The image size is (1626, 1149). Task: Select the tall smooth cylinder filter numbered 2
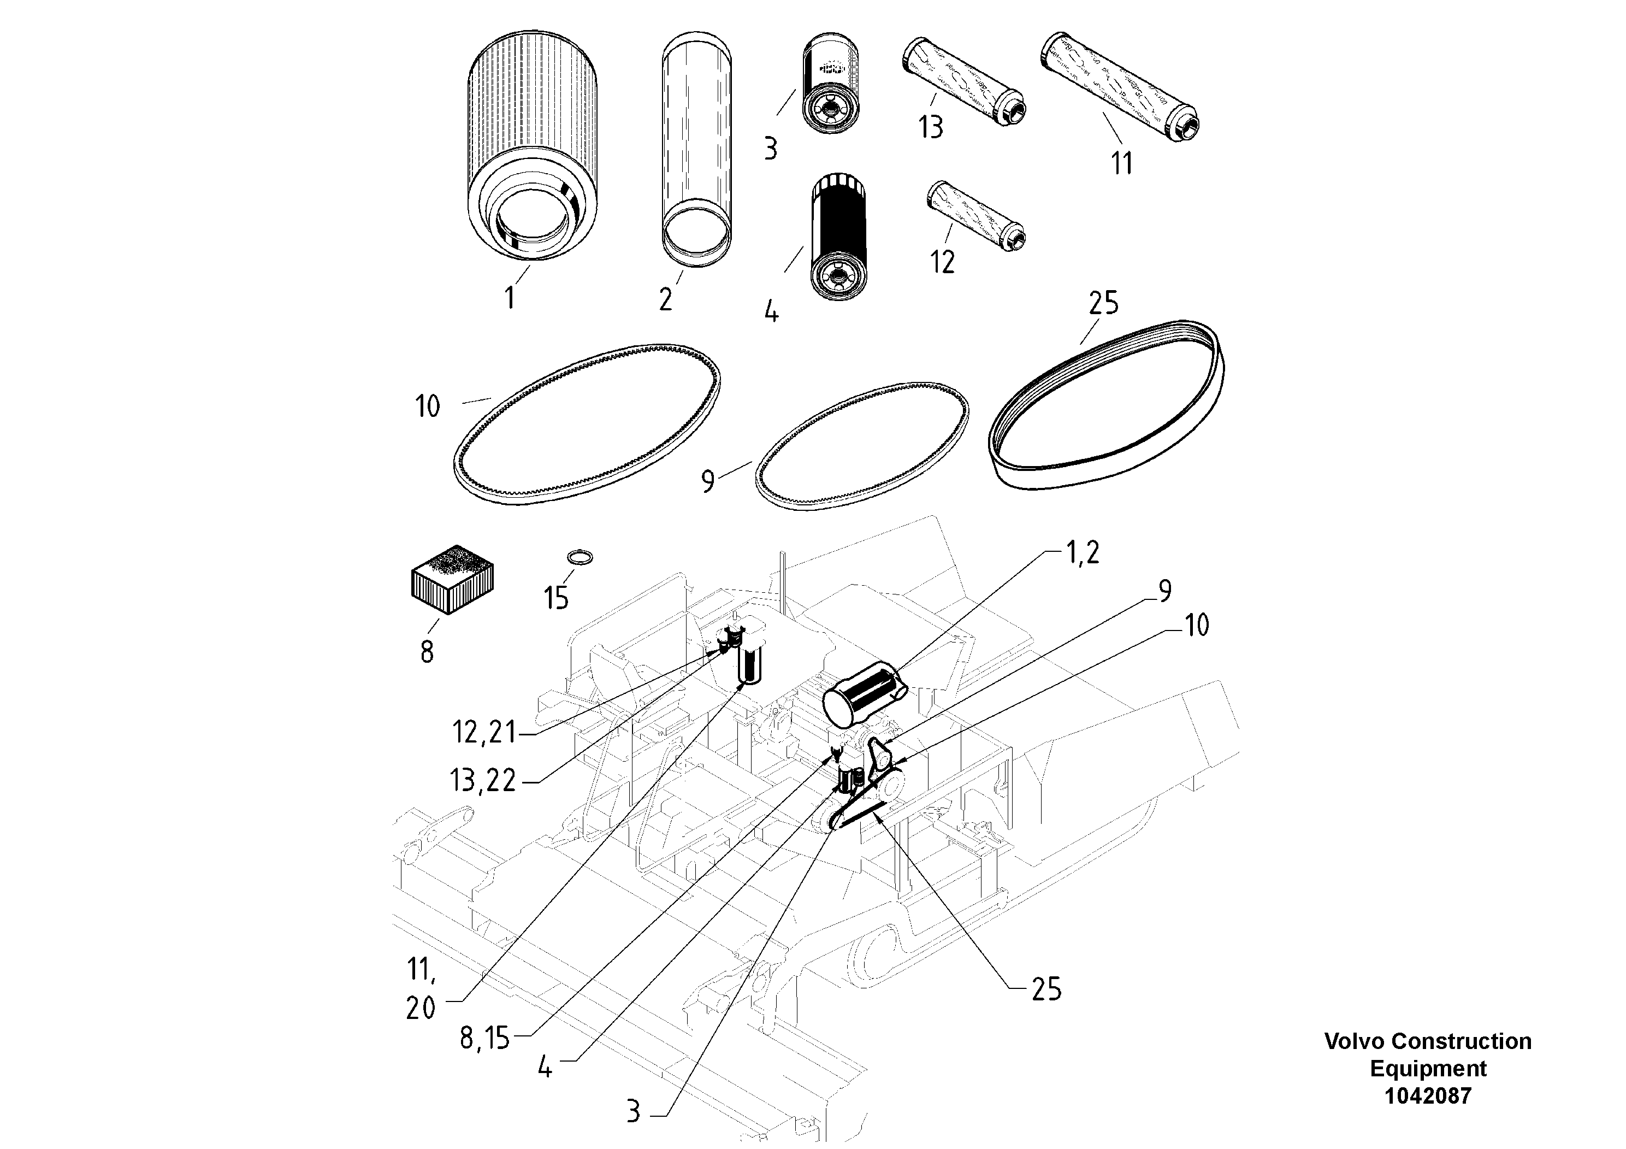click(697, 149)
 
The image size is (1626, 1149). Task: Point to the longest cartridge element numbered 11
click(1119, 89)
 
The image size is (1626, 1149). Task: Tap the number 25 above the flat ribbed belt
click(1103, 303)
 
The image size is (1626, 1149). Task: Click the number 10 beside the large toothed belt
click(427, 406)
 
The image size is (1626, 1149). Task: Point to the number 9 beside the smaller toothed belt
click(707, 481)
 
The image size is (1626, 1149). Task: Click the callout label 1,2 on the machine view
click(1082, 552)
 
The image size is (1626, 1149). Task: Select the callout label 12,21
click(484, 733)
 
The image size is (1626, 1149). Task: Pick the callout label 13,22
click(483, 781)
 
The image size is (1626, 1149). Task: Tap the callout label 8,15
click(484, 1039)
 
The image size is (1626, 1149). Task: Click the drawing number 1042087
click(1428, 1096)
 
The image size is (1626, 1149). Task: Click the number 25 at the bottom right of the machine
click(1046, 989)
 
